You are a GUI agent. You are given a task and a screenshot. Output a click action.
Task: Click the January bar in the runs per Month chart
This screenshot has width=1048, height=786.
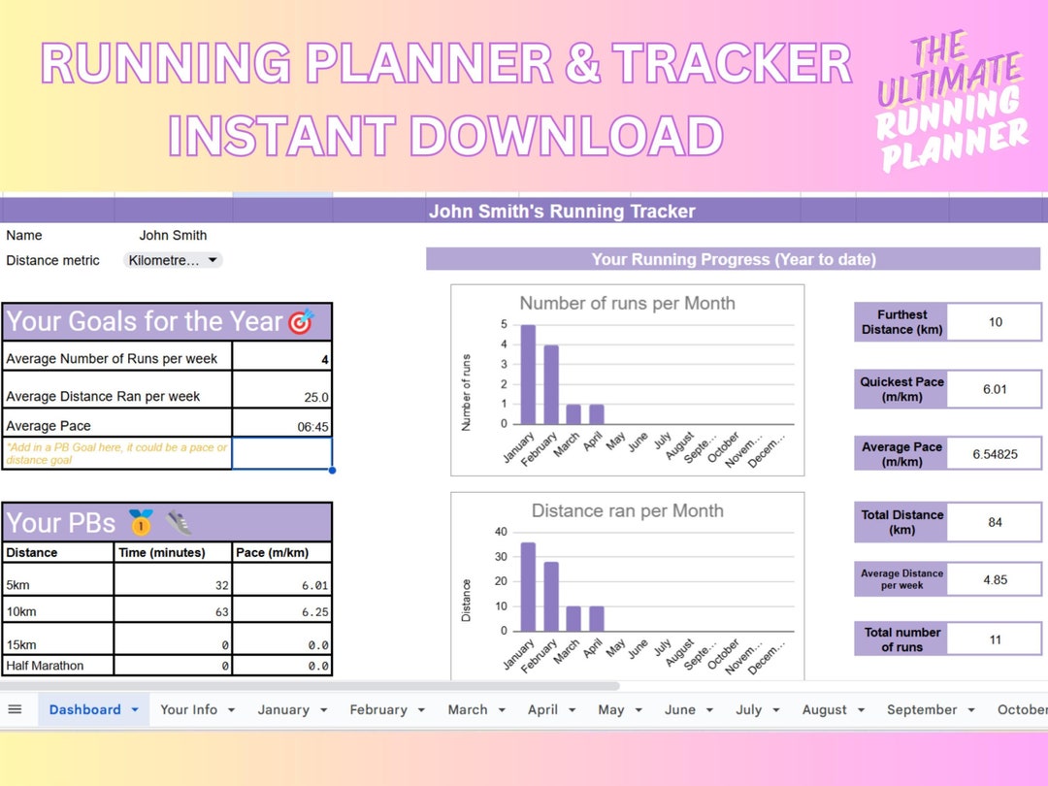(528, 375)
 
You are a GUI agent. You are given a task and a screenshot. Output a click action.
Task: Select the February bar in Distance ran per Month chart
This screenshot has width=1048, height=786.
(551, 597)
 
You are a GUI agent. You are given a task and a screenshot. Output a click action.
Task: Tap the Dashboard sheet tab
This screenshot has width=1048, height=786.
(85, 709)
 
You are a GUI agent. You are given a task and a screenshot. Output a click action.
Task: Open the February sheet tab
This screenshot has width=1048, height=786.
(378, 709)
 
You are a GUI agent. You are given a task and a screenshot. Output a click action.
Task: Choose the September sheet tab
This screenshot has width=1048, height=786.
(922, 709)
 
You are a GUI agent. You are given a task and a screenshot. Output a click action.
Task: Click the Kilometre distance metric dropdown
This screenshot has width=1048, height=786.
(174, 260)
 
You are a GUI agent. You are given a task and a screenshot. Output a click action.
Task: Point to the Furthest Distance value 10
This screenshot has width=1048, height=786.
(995, 322)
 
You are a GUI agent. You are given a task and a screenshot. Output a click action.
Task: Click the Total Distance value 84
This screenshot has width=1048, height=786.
(995, 522)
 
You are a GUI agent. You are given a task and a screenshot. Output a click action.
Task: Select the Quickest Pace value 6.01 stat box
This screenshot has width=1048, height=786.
(995, 389)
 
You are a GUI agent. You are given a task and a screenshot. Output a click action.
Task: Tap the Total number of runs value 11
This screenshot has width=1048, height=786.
(995, 639)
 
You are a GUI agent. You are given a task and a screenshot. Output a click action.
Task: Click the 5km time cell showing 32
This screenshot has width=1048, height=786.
(174, 585)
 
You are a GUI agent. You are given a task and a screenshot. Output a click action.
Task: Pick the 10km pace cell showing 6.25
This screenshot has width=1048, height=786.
(282, 612)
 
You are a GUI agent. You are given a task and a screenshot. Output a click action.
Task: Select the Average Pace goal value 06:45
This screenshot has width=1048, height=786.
(282, 426)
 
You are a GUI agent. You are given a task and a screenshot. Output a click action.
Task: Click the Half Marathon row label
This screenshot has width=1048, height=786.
(46, 666)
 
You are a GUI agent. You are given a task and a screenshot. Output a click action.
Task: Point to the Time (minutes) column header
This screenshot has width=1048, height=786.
(162, 552)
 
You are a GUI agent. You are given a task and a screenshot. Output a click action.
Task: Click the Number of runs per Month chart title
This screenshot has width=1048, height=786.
(627, 304)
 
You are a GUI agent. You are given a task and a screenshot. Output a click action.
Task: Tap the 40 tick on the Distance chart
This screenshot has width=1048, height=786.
(501, 532)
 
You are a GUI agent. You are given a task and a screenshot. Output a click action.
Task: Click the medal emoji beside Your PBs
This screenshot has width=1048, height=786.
(141, 524)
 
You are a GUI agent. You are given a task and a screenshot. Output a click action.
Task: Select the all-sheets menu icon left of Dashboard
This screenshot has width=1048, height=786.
(15, 709)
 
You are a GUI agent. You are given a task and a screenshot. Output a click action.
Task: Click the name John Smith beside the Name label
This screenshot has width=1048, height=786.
(173, 235)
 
